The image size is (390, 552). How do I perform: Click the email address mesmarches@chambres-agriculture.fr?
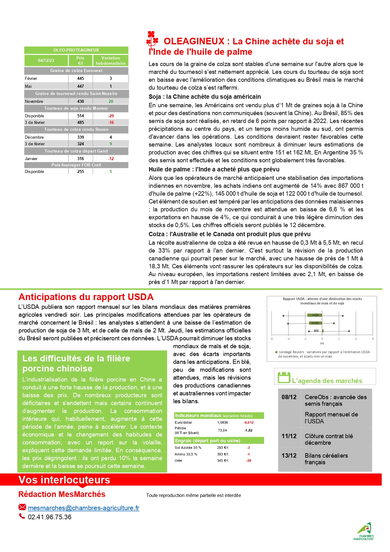click(83, 508)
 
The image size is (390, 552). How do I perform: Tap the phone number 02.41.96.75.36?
click(50, 517)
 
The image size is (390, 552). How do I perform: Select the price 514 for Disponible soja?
click(81, 116)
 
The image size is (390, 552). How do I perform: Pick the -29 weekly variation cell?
click(111, 116)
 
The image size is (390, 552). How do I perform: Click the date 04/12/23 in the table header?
click(46, 60)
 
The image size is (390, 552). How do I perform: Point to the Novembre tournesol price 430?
click(81, 101)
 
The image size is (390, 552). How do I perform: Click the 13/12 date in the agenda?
click(289, 455)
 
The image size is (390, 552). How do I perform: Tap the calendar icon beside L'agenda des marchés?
click(284, 377)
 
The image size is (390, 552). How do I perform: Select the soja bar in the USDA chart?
click(315, 315)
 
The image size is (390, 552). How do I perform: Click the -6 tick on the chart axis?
click(272, 339)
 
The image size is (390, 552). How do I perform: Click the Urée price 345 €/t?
click(222, 460)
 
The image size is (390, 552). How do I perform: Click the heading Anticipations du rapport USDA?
click(86, 297)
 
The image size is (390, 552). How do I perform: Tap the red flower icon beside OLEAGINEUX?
click(152, 39)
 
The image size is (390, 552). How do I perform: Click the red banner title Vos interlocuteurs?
click(64, 480)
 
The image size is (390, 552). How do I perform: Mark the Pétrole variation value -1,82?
click(248, 430)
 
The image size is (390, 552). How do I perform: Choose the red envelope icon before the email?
click(22, 507)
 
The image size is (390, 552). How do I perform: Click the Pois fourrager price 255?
click(81, 171)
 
